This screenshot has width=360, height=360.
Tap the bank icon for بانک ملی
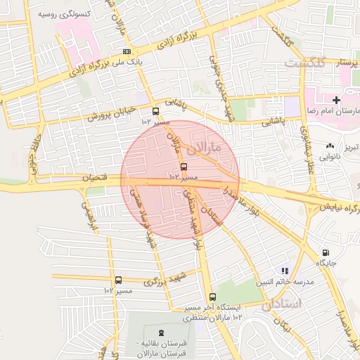(127, 51)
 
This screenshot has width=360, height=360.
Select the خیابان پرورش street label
(112, 112)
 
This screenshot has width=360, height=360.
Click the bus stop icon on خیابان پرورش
(155, 111)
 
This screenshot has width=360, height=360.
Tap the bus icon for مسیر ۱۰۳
(184, 167)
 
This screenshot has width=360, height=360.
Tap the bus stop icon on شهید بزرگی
(118, 280)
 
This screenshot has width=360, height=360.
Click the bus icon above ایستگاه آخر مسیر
(212, 297)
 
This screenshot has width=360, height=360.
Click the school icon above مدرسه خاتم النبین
(285, 270)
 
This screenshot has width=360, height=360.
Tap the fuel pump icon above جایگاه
(325, 252)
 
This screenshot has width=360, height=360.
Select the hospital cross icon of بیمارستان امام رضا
(336, 101)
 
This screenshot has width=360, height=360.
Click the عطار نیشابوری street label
(307, 150)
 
